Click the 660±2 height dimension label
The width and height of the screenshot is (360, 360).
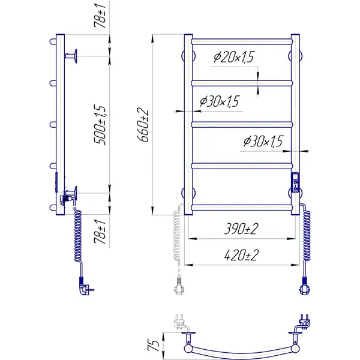pos(143,125)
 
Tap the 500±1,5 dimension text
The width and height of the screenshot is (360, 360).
pos(100,125)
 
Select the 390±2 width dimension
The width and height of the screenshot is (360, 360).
pos(241,229)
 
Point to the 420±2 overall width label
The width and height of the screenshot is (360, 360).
pos(241,255)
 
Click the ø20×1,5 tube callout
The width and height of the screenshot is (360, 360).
pos(234,57)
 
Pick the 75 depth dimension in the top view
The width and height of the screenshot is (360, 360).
pos(154,346)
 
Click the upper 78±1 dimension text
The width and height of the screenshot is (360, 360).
pos(100,16)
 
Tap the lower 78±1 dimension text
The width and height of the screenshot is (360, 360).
pos(100,232)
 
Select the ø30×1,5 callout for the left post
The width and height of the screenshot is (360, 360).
pos(220,101)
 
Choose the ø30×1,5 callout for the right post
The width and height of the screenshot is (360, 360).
pos(263,141)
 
